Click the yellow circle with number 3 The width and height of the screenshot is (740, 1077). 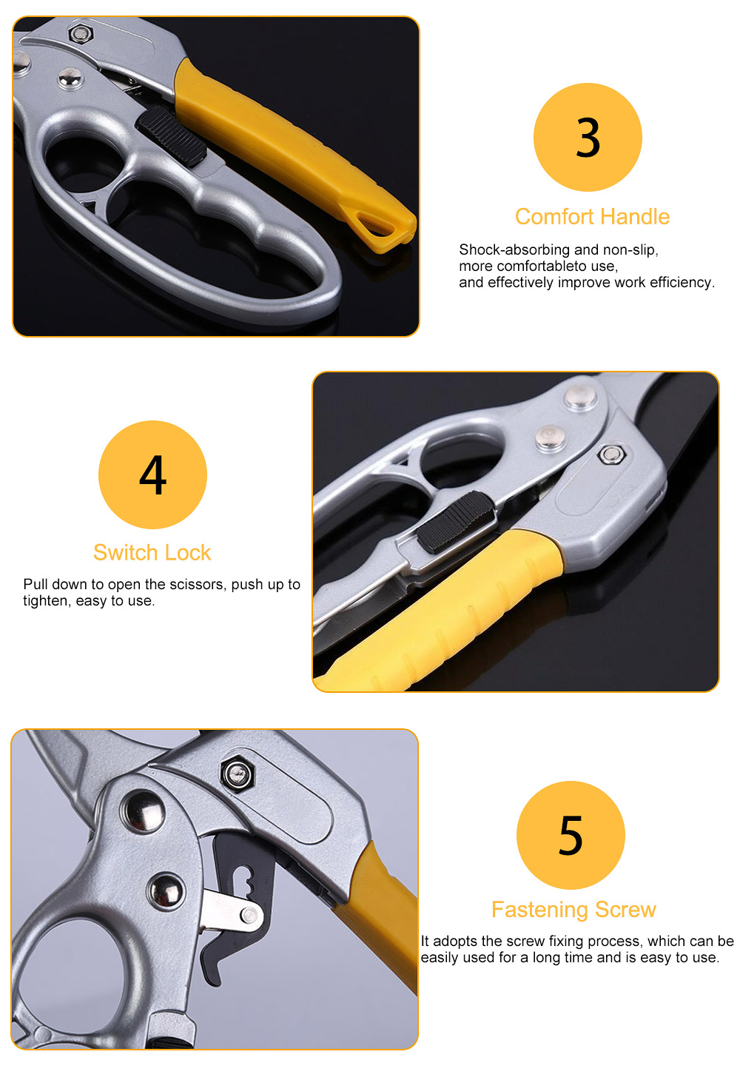pos(588,138)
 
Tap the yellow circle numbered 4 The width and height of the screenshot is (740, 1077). pos(152,475)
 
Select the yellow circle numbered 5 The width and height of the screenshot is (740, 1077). pos(571,835)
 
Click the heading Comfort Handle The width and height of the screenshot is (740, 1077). pos(592,217)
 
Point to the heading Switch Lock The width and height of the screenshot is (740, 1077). pos(152,552)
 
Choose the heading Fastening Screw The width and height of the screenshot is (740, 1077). pos(573,910)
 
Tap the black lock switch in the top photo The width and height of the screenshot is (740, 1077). pos(172,136)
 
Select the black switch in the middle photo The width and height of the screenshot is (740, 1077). pos(456,522)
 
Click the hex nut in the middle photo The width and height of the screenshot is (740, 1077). pos(611,454)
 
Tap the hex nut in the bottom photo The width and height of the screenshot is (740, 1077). pos(237,774)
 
